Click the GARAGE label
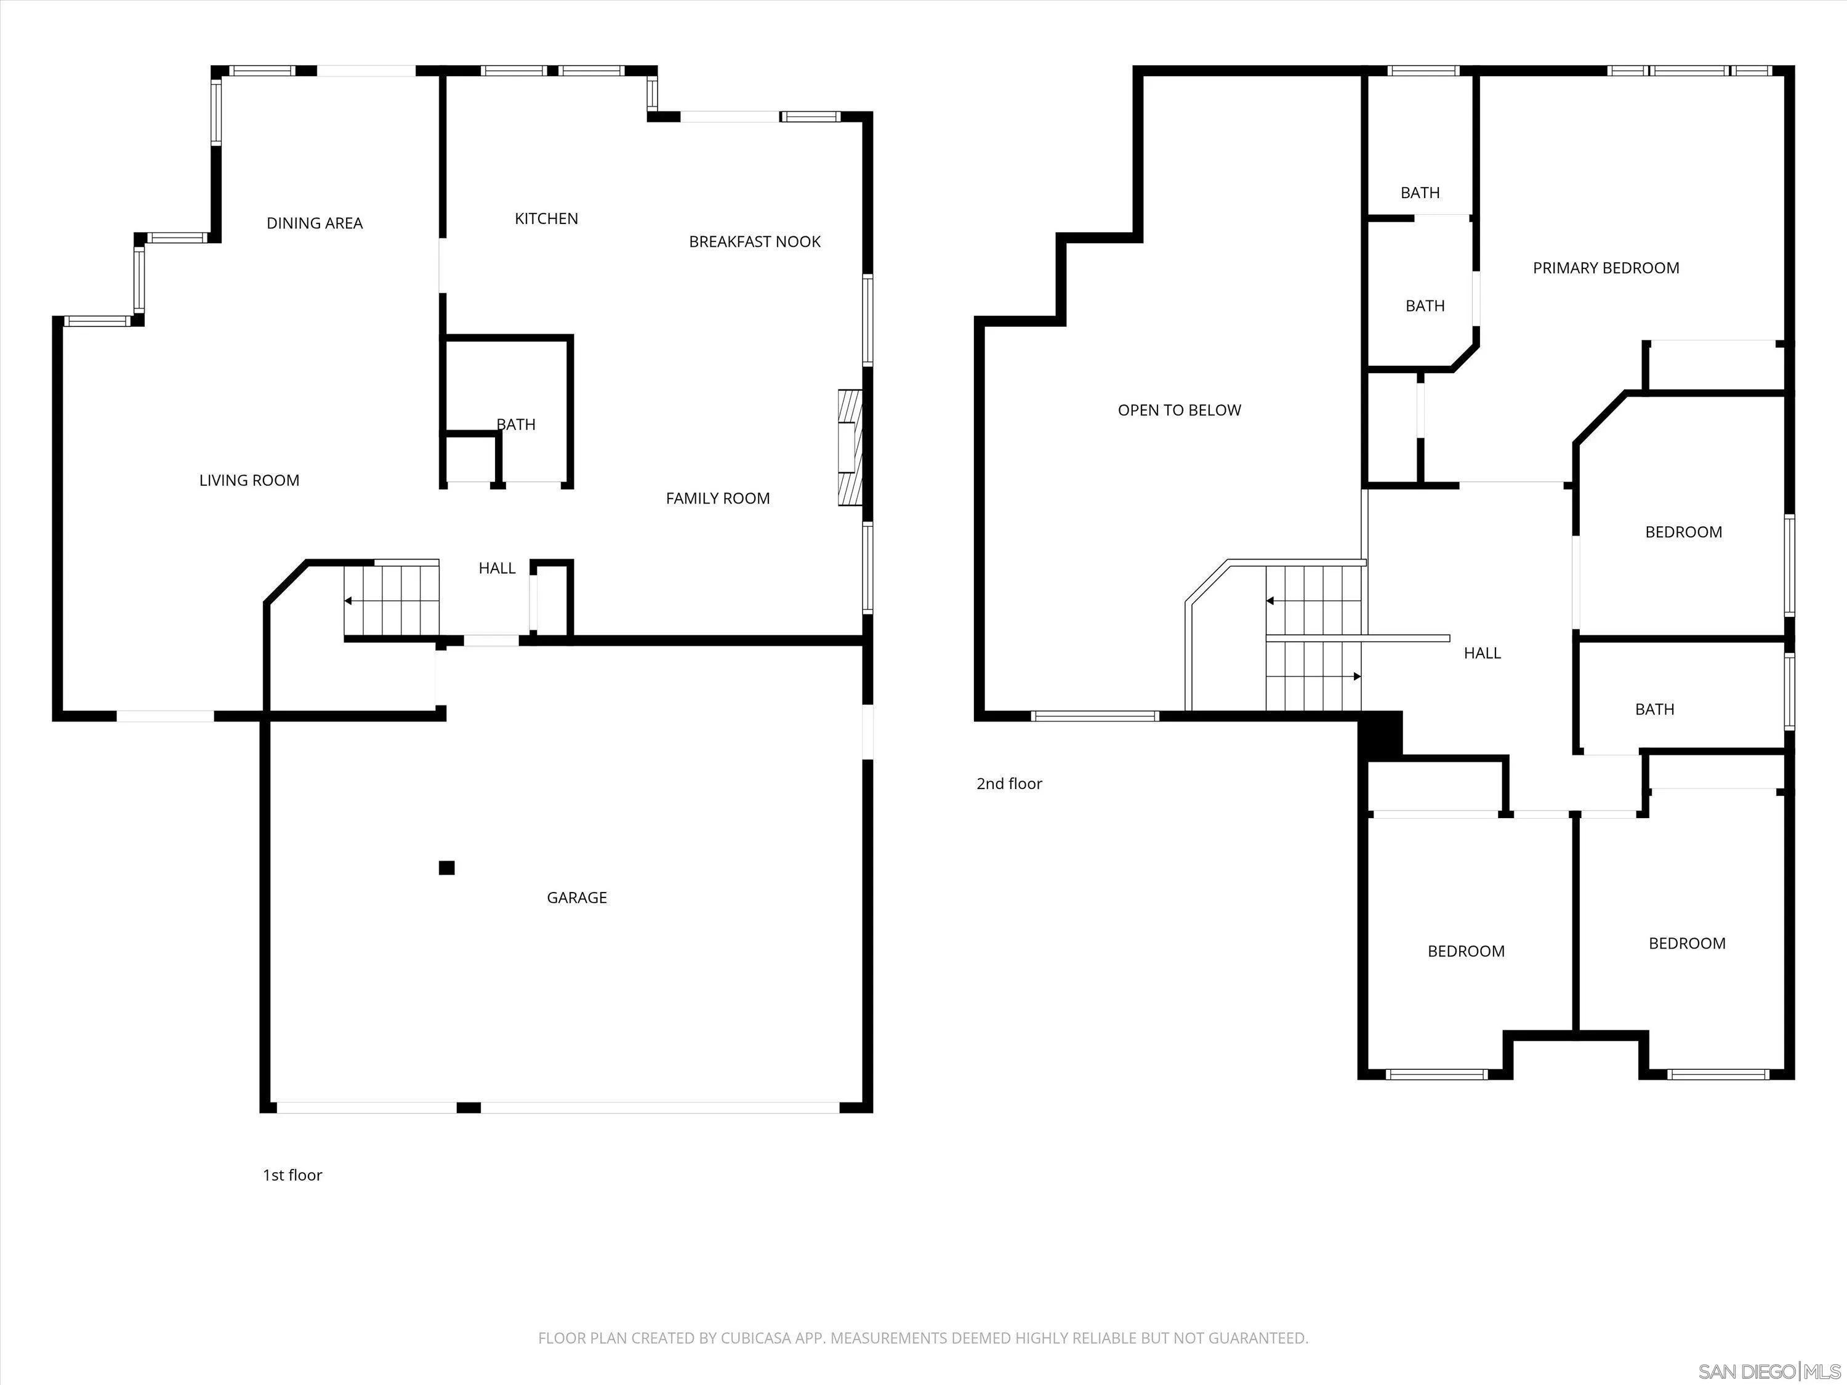click(x=576, y=897)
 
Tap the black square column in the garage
click(x=447, y=867)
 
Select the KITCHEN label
click(x=546, y=219)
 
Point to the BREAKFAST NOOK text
click(x=754, y=242)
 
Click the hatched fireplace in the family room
click(x=849, y=448)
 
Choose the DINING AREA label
click(x=314, y=223)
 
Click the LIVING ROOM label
click(x=249, y=480)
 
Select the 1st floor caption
click(x=292, y=1174)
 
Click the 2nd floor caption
click(x=1008, y=783)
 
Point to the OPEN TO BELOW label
click(x=1179, y=410)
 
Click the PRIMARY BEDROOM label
click(x=1605, y=268)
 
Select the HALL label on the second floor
click(x=1482, y=653)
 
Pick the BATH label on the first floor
click(x=516, y=424)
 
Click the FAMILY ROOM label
click(x=717, y=499)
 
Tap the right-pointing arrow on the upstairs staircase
click(x=1357, y=676)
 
